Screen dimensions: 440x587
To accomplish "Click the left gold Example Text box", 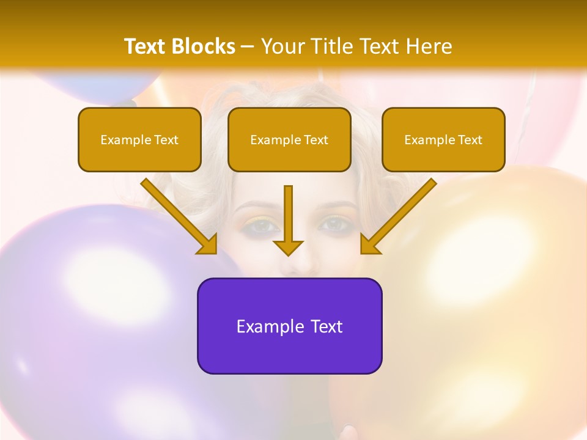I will coord(139,139).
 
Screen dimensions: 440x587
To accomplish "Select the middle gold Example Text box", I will coord(289,139).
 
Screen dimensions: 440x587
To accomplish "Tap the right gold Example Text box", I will coord(443,139).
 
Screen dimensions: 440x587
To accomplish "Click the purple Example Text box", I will coord(289,326).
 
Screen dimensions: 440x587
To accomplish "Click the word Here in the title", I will coord(429,46).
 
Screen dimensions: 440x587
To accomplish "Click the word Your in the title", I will coord(281,46).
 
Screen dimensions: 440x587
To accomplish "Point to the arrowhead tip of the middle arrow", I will coord(288,254).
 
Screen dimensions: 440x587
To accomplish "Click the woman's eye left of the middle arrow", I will coord(262,226).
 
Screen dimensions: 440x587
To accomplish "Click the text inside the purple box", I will coord(289,326).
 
